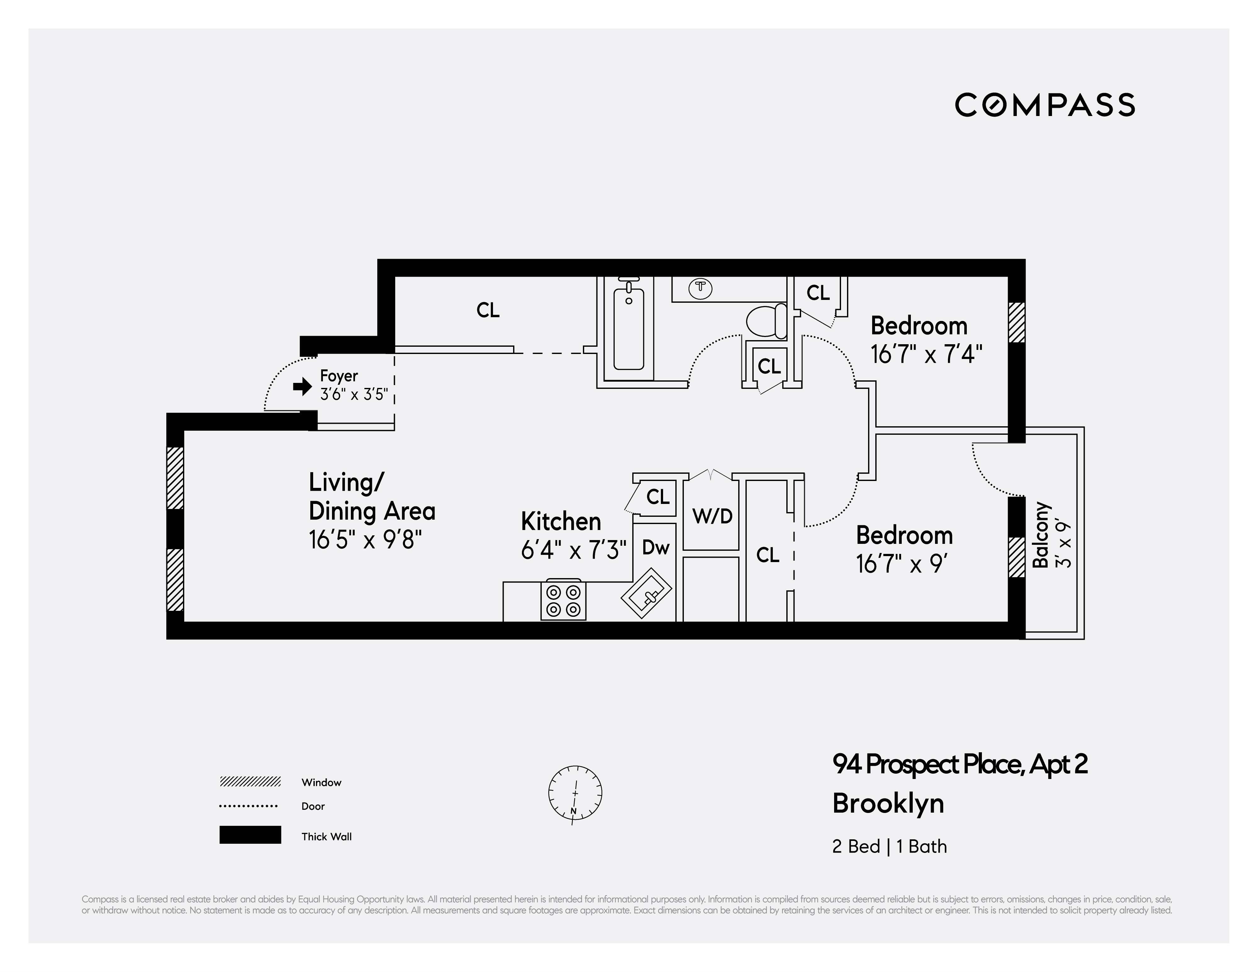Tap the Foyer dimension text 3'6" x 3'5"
(x=354, y=395)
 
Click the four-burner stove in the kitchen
(x=563, y=600)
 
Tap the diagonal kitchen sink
(x=646, y=593)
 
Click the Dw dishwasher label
(x=656, y=547)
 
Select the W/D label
(x=712, y=516)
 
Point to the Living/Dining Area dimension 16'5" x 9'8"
(x=365, y=540)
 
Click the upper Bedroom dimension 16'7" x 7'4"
(x=926, y=354)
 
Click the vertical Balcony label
(x=1041, y=535)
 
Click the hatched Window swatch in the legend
(x=250, y=781)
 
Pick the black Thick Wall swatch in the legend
(x=250, y=834)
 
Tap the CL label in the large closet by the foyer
(x=488, y=310)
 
